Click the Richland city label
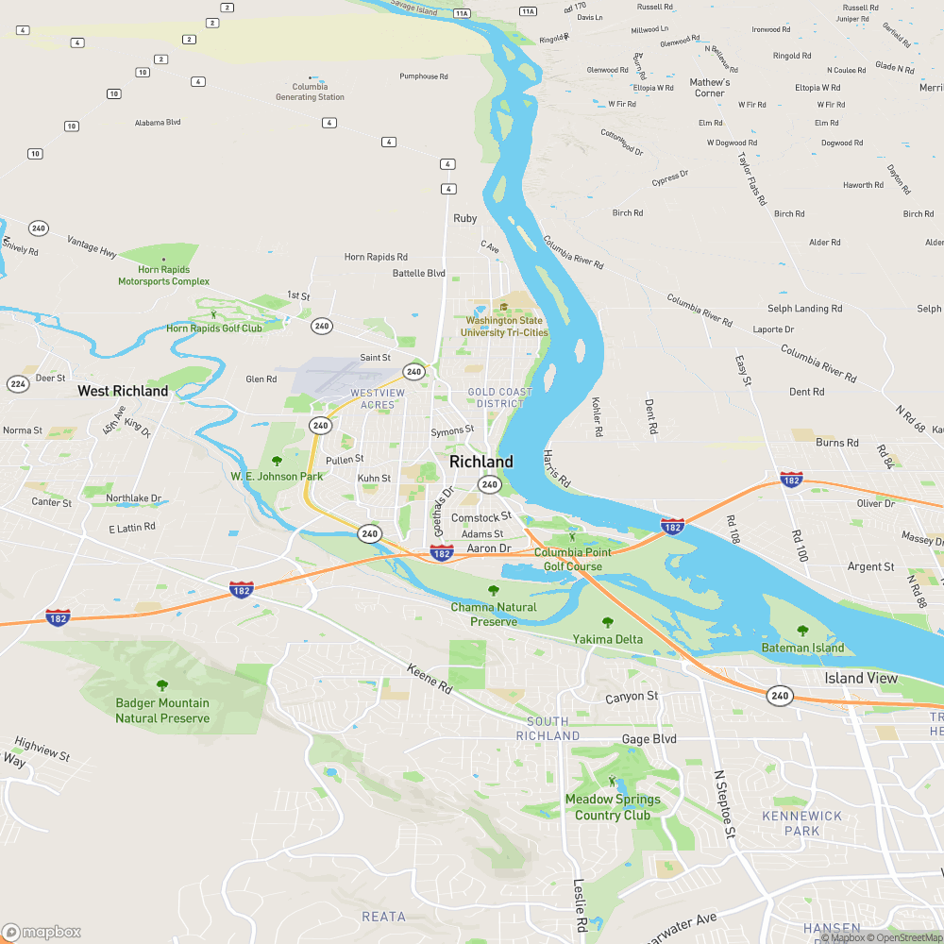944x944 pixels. click(x=481, y=462)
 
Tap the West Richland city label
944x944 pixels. click(x=123, y=391)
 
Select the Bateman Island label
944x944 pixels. click(x=802, y=648)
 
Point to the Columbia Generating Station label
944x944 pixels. click(x=310, y=92)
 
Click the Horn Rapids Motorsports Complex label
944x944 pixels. click(x=163, y=276)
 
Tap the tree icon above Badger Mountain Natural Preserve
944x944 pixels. click(x=162, y=685)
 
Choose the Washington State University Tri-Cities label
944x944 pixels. click(x=506, y=327)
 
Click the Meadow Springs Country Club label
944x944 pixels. click(x=613, y=807)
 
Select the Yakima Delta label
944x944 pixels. click(x=607, y=639)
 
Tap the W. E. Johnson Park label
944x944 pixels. click(x=277, y=477)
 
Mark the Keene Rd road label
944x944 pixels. click(x=430, y=678)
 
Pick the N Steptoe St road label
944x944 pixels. click(x=723, y=803)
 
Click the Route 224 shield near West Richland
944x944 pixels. click(x=18, y=383)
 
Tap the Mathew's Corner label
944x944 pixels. click(x=710, y=88)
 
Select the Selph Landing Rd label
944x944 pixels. click(x=804, y=309)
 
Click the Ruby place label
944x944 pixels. click(x=465, y=218)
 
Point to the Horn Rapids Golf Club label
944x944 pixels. click(x=214, y=329)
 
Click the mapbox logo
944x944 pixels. click(x=42, y=932)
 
